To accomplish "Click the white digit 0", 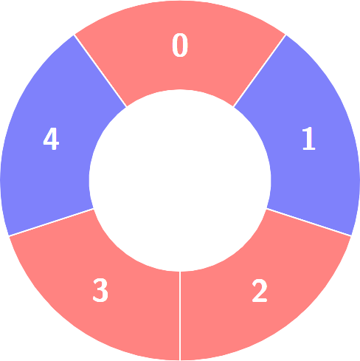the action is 180,45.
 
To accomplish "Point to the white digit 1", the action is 308,138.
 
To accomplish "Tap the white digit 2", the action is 260,290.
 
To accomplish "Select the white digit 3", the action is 100,290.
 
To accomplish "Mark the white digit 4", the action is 51,138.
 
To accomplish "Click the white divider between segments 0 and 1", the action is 260,71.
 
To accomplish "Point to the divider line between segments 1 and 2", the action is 309,222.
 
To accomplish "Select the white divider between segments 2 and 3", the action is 180,316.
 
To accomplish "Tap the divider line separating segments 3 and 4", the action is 51,222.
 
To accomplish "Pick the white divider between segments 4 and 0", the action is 100,71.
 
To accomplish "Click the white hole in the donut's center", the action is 180,180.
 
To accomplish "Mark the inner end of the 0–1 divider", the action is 233,107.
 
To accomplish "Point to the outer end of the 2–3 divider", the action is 180,360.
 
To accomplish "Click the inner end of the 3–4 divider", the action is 94,209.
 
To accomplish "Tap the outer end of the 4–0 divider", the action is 75,35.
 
